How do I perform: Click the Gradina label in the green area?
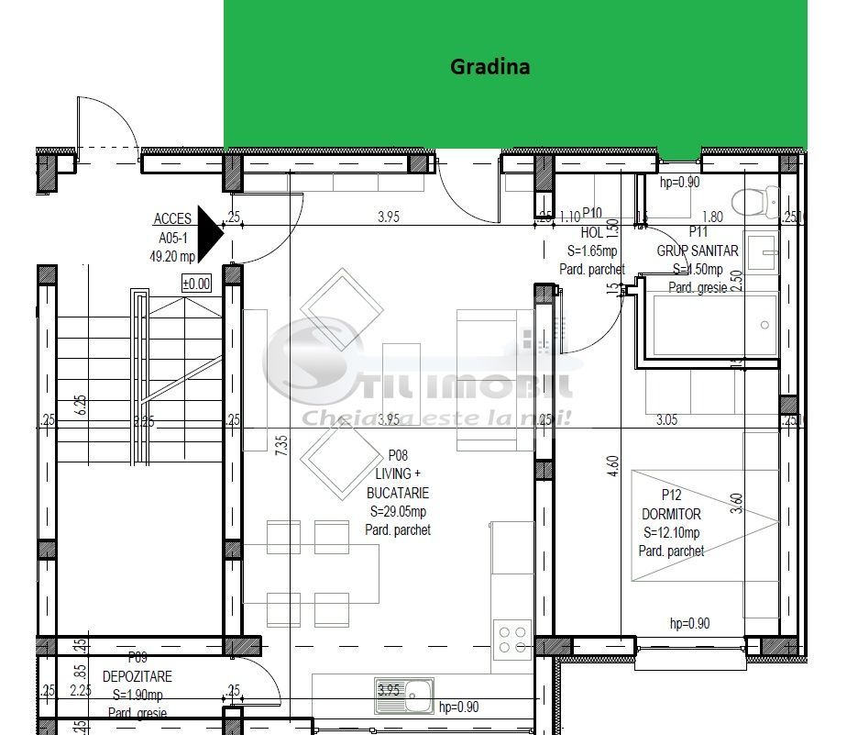[489, 67]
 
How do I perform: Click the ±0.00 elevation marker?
[196, 284]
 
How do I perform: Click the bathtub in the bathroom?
[710, 326]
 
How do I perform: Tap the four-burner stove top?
[511, 640]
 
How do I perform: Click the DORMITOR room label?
[672, 515]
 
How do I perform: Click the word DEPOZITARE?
[137, 676]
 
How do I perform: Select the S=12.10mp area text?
[671, 533]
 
